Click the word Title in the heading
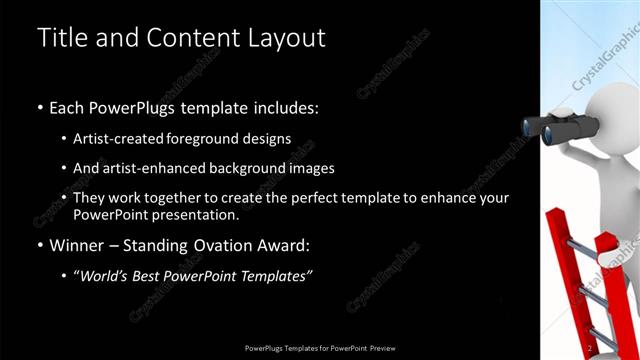tap(61, 38)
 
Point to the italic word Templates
tap(275, 275)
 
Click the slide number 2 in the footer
tap(590, 347)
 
